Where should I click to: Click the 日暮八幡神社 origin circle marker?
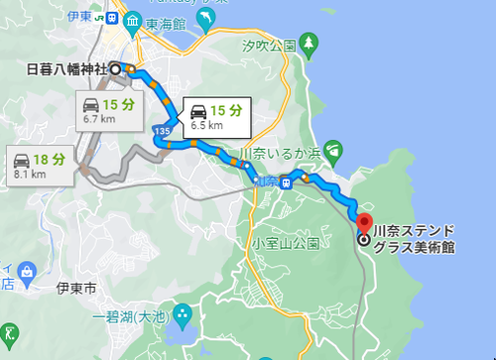(x=115, y=69)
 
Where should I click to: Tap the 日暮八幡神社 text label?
(x=66, y=69)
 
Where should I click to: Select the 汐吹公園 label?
(x=269, y=46)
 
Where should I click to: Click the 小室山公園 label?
(x=285, y=243)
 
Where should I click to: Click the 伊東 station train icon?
(x=111, y=19)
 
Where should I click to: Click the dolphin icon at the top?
(x=206, y=19)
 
